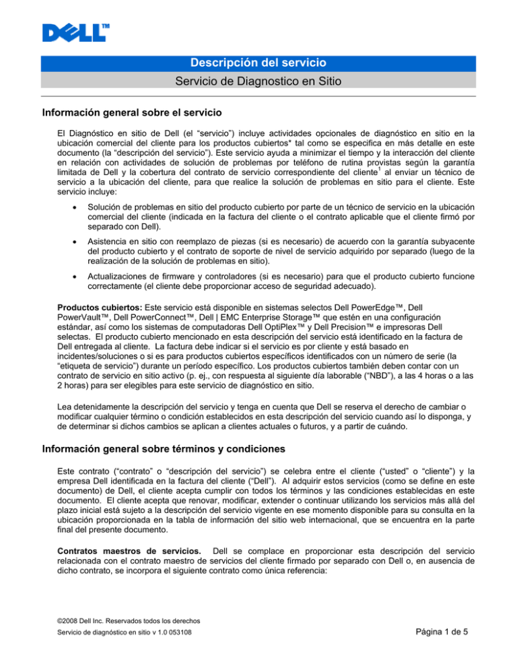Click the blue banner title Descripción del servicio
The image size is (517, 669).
click(x=259, y=63)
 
